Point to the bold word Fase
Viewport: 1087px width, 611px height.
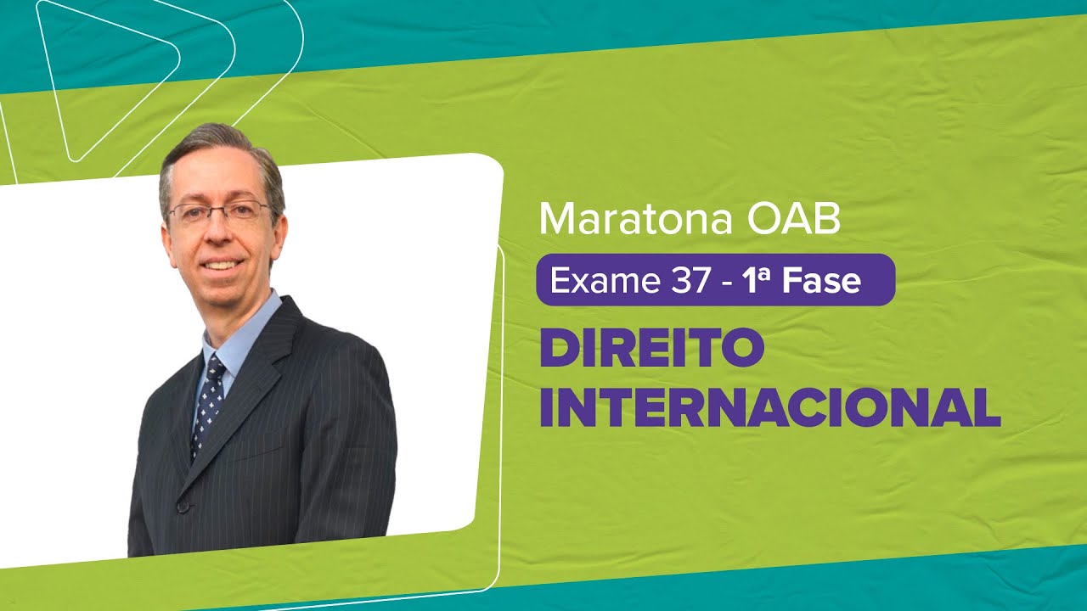tap(822, 280)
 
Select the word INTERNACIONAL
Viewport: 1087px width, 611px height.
tap(770, 407)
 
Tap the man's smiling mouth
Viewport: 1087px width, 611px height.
tap(221, 265)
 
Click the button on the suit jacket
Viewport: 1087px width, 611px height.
tap(182, 506)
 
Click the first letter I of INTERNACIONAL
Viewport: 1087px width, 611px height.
tap(549, 407)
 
